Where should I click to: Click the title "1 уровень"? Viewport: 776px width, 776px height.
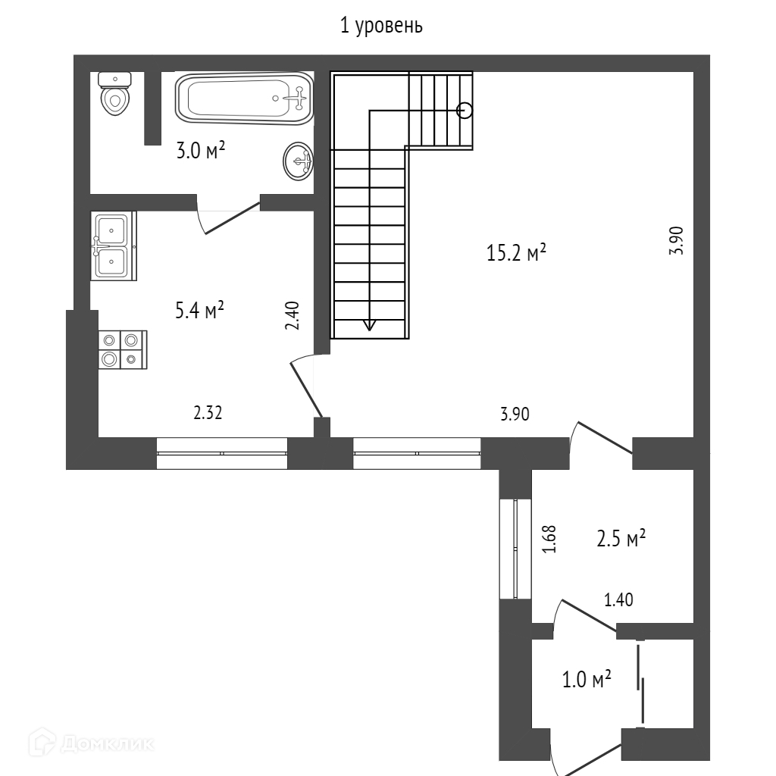pos(381,27)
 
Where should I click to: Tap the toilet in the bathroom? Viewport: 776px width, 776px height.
pos(115,94)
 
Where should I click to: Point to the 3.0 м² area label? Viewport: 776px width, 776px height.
pos(201,152)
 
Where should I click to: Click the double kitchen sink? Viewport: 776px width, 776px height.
pos(112,246)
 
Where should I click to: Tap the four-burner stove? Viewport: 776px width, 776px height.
pos(122,350)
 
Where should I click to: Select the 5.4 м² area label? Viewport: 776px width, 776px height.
pos(200,311)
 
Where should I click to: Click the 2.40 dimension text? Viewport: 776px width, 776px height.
pos(293,316)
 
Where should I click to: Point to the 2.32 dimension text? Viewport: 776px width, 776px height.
pos(207,413)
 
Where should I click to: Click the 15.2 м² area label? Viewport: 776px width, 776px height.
pos(516,253)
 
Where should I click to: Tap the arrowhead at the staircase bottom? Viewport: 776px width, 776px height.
pos(369,325)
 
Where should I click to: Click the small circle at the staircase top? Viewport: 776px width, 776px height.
pos(465,111)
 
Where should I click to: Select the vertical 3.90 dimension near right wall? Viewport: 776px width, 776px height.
pos(677,241)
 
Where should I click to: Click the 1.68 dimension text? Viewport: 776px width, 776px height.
pos(551,539)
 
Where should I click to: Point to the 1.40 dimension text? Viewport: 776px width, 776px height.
pos(618,601)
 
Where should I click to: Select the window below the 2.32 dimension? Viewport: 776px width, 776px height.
pos(222,453)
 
